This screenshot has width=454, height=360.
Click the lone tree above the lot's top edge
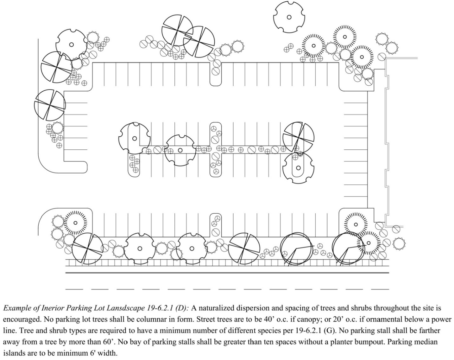coord(289,17)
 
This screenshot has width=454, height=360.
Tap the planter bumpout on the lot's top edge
coord(216,74)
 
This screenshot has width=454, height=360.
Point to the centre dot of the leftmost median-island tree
coord(134,138)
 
